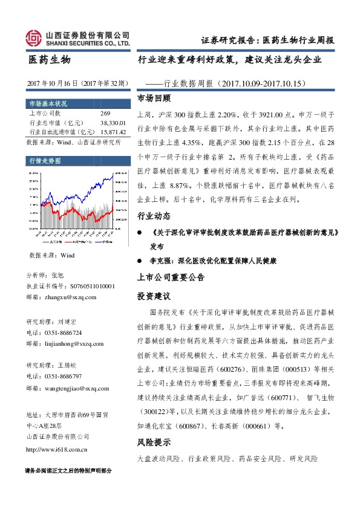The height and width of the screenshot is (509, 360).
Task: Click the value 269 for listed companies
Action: [x=105, y=113]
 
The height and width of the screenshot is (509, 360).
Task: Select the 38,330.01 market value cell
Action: [x=112, y=122]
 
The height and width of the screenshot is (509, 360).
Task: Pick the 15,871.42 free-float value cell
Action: [x=112, y=131]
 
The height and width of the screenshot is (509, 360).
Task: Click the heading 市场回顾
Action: [x=154, y=98]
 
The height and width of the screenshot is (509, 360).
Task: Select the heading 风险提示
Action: [x=154, y=442]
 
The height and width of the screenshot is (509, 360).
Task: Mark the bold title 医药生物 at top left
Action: [x=50, y=60]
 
